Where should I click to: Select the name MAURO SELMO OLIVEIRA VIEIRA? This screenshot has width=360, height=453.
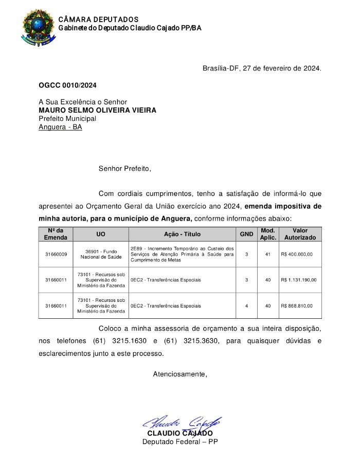pyautogui.click(x=97, y=110)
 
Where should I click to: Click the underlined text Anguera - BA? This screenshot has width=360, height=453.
pyautogui.click(x=60, y=126)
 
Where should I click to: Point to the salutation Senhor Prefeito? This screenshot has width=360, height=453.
pyautogui.click(x=125, y=168)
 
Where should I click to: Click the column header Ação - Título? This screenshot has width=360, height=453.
pyautogui.click(x=182, y=234)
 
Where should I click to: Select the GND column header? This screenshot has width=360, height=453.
pyautogui.click(x=246, y=234)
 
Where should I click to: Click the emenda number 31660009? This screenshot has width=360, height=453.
pyautogui.click(x=56, y=254)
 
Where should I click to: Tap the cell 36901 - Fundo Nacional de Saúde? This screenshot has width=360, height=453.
pyautogui.click(x=101, y=254)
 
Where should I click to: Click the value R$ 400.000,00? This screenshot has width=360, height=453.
pyautogui.click(x=297, y=254)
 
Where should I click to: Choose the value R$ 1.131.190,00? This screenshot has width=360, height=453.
pyautogui.click(x=299, y=280)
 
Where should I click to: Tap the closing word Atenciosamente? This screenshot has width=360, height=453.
pyautogui.click(x=180, y=374)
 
